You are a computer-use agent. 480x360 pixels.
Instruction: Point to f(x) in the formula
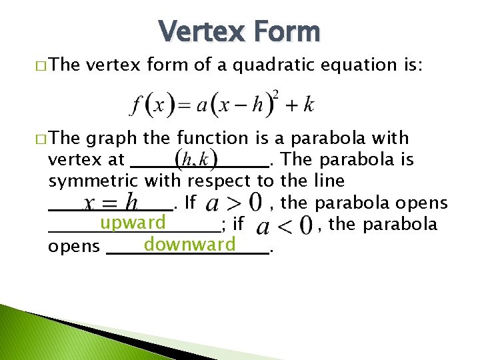pyautogui.click(x=151, y=105)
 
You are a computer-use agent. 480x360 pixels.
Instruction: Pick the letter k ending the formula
pyautogui.click(x=309, y=105)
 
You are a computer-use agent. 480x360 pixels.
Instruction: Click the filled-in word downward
pyautogui.click(x=190, y=245)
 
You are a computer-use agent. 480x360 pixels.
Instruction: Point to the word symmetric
pyautogui.click(x=93, y=181)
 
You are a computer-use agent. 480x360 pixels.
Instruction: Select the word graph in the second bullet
pyautogui.click(x=111, y=139)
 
